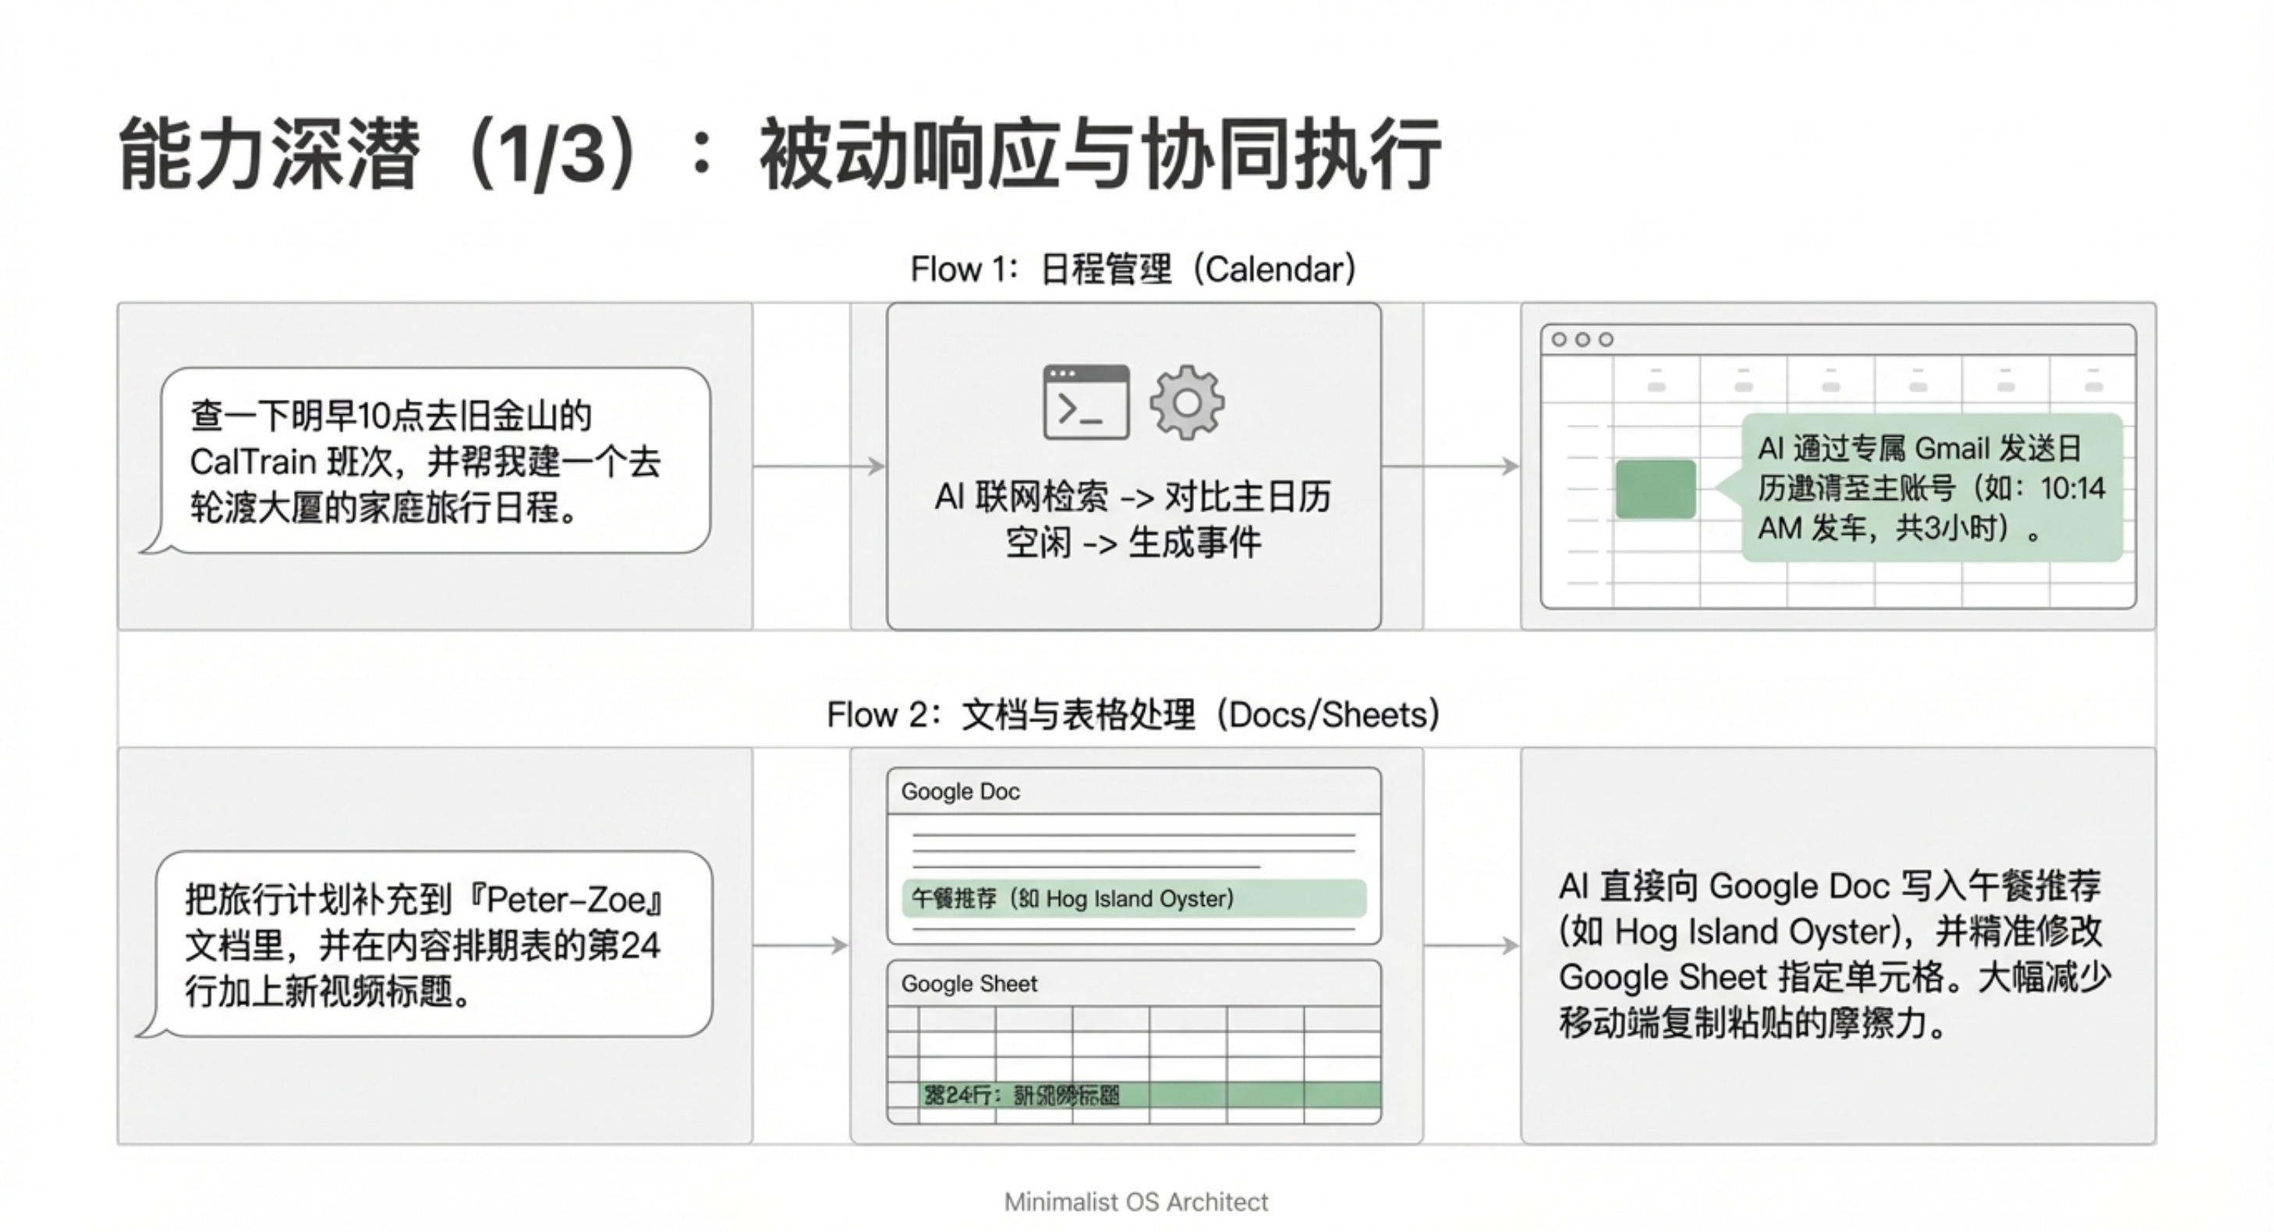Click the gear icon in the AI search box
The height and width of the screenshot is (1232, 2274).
pos(1186,402)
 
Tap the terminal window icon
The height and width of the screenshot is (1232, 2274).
pos(1086,402)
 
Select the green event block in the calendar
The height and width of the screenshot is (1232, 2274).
pos(1655,489)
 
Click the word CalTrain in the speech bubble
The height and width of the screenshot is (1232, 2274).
pos(253,462)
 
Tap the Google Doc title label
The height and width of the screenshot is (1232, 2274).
pos(961,791)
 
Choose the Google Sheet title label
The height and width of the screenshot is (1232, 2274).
pos(969,984)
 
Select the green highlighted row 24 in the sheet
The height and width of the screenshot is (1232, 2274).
pos(1148,1096)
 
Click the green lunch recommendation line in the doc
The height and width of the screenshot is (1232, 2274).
pos(1133,898)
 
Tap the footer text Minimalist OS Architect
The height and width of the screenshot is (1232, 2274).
pos(1136,1202)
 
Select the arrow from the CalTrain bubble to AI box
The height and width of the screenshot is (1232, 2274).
pos(818,466)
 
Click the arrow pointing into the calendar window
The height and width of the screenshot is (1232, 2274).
pos(1450,466)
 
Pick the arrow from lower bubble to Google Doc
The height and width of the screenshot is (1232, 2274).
pos(801,946)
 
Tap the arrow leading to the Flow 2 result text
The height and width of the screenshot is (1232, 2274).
pos(1471,946)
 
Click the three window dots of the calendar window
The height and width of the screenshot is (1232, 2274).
pos(1582,340)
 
